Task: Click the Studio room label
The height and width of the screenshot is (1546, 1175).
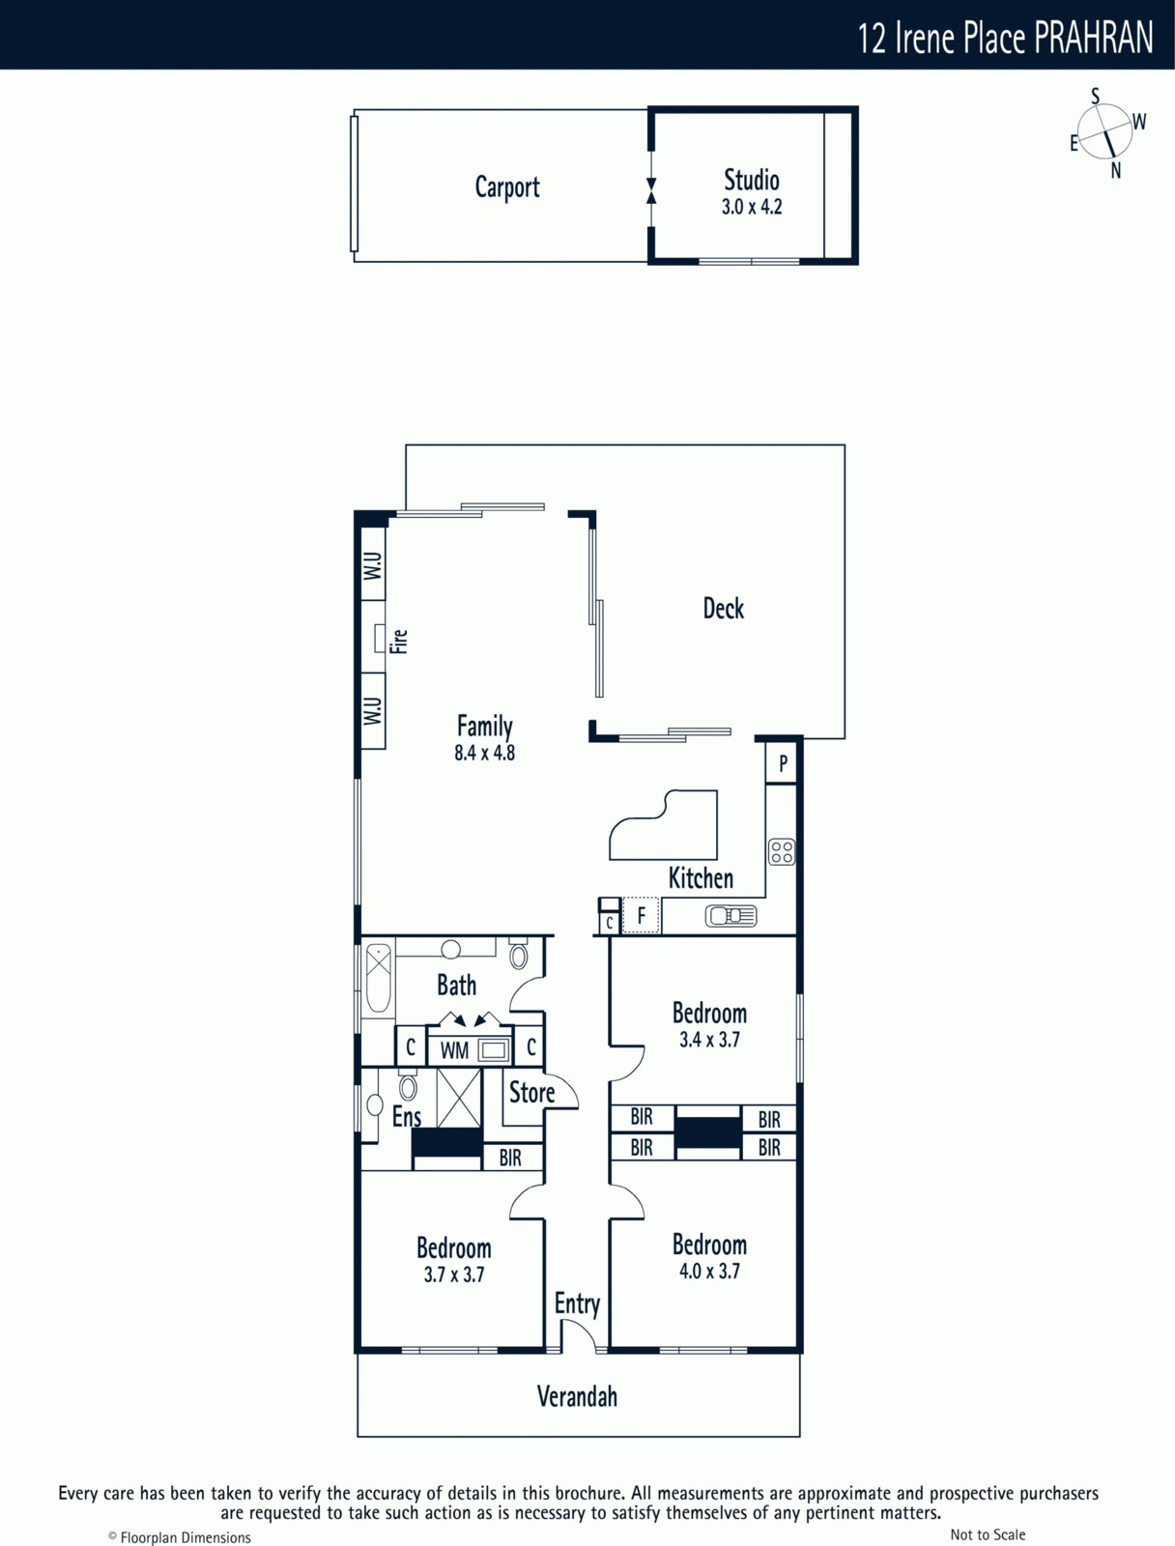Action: (x=751, y=181)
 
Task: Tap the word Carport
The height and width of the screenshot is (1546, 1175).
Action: (x=507, y=188)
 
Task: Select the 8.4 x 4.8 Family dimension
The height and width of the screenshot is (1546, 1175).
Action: (x=484, y=753)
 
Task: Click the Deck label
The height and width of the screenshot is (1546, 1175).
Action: (x=723, y=609)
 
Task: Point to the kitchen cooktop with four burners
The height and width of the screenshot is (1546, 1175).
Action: (x=782, y=851)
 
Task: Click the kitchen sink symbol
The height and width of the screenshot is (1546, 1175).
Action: (x=731, y=916)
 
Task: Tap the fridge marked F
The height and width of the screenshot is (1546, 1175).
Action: (x=641, y=916)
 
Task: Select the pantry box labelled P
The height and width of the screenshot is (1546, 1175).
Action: (x=782, y=762)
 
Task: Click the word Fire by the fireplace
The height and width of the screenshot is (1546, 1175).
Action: (x=398, y=641)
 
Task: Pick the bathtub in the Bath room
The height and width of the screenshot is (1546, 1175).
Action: (x=378, y=978)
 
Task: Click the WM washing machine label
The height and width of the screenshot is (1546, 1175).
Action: (x=454, y=1051)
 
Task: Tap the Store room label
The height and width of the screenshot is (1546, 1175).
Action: (x=531, y=1093)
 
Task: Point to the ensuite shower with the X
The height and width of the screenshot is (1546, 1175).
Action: (x=459, y=1098)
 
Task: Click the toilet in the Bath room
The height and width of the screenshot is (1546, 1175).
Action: (x=519, y=954)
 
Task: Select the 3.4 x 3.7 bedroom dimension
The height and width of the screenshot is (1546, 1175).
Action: (x=709, y=1040)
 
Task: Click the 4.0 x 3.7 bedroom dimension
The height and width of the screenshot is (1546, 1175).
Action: (x=709, y=1272)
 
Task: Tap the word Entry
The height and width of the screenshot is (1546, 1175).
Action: (x=577, y=1303)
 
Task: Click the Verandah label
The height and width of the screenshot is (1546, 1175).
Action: (x=577, y=1396)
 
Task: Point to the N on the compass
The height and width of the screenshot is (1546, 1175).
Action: (x=1116, y=171)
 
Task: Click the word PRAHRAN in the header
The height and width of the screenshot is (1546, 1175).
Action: (x=1093, y=38)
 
